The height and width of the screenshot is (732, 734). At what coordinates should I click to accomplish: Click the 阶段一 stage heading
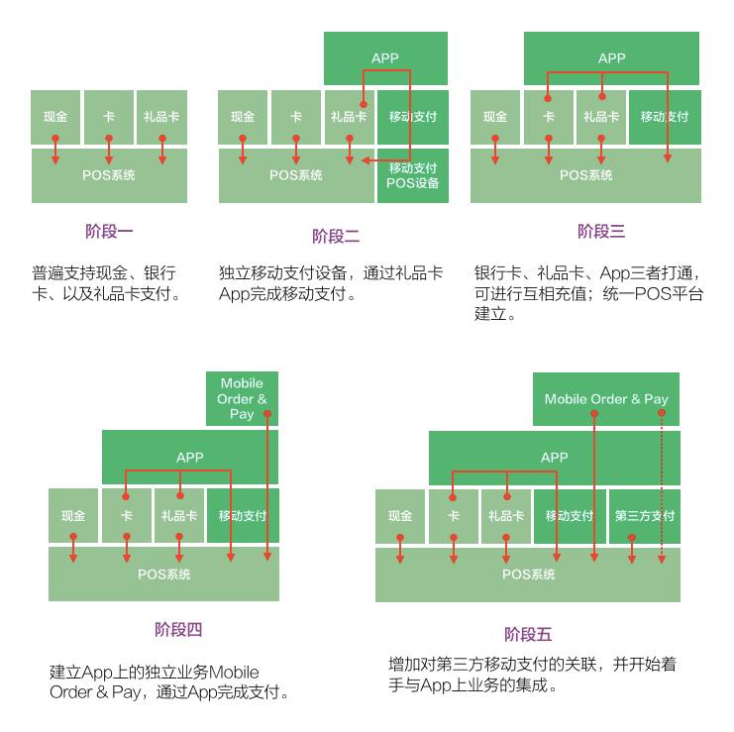pyautogui.click(x=109, y=232)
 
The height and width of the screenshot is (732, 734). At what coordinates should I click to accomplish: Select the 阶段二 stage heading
pyautogui.click(x=336, y=236)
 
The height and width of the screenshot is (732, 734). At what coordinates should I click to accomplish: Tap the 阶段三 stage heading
pyautogui.click(x=601, y=232)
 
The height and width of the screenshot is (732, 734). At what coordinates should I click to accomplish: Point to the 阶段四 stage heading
pyautogui.click(x=178, y=629)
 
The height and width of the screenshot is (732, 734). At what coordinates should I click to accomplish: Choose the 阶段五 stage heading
pyautogui.click(x=528, y=634)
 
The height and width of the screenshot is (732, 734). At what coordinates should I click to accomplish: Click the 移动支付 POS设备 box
pyautogui.click(x=413, y=175)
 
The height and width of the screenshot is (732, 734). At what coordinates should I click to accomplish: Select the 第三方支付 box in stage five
pyautogui.click(x=645, y=516)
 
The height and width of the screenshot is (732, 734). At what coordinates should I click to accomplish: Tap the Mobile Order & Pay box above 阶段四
pyautogui.click(x=242, y=398)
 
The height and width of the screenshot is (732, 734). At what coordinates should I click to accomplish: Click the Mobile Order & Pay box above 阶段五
pyautogui.click(x=606, y=399)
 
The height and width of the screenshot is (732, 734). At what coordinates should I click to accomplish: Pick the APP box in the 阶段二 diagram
pyautogui.click(x=385, y=58)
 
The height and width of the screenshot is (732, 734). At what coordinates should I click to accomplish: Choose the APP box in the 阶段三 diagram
pyautogui.click(x=612, y=58)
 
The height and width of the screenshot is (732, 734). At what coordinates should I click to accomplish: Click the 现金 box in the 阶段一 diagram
pyautogui.click(x=55, y=117)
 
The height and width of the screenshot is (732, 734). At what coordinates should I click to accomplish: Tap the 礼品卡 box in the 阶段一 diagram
pyautogui.click(x=161, y=117)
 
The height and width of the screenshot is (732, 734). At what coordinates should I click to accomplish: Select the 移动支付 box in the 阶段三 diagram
pyautogui.click(x=665, y=117)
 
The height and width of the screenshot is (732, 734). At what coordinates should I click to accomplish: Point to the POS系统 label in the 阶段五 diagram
pyautogui.click(x=528, y=575)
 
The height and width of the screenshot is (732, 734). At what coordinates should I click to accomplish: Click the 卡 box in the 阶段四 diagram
pyautogui.click(x=127, y=516)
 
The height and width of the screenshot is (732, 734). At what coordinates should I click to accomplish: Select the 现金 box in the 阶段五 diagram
pyautogui.click(x=400, y=516)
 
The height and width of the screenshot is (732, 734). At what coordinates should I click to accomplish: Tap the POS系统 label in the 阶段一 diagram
pyautogui.click(x=109, y=175)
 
